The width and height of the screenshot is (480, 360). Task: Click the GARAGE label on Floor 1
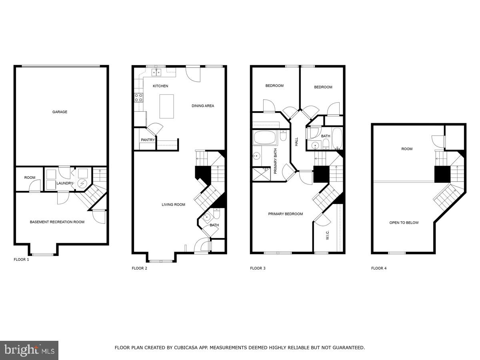[60, 112]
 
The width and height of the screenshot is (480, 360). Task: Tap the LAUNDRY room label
[65, 184]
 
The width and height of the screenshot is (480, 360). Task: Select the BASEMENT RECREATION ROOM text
[57, 222]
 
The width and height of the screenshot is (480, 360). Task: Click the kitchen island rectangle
[166, 106]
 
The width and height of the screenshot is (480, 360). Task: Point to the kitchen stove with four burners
[139, 98]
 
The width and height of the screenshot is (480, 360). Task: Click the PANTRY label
[148, 140]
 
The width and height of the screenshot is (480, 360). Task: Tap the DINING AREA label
[203, 106]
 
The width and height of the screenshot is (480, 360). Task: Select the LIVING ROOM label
[173, 205]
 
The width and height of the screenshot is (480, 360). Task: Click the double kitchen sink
[156, 72]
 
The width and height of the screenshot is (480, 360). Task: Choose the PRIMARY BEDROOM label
[285, 214]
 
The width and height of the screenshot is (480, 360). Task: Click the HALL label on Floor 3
[296, 141]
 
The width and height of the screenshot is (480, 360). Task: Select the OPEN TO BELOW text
[404, 223]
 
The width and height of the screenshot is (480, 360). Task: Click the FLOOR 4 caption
[379, 268]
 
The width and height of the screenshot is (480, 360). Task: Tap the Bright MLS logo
[29, 350]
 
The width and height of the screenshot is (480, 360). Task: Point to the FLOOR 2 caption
[139, 268]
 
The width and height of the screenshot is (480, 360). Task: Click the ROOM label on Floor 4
[407, 149]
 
